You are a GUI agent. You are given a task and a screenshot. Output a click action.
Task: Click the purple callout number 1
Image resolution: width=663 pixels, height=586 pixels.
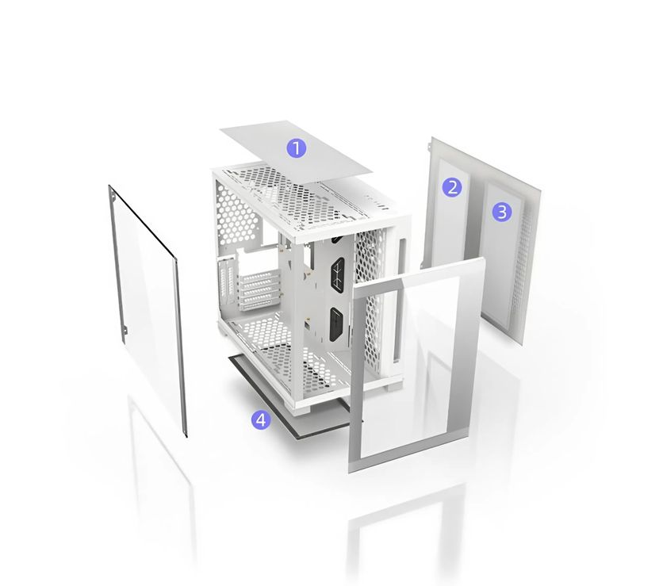point(297,148)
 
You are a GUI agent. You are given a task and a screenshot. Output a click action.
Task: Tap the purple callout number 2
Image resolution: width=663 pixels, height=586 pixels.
point(452,187)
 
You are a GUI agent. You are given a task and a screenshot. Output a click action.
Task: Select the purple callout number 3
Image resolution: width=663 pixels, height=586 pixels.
point(502,212)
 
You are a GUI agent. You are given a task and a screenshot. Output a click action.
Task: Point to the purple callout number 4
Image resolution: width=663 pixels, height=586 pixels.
point(261,419)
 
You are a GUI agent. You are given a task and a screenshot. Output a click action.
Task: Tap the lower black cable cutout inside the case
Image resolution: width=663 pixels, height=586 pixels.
point(337,324)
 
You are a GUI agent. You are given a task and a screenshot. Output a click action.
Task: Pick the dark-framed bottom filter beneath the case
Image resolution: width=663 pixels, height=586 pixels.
point(293,406)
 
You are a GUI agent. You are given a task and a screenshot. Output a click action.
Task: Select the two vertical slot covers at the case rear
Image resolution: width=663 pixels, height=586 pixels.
point(225,279)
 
